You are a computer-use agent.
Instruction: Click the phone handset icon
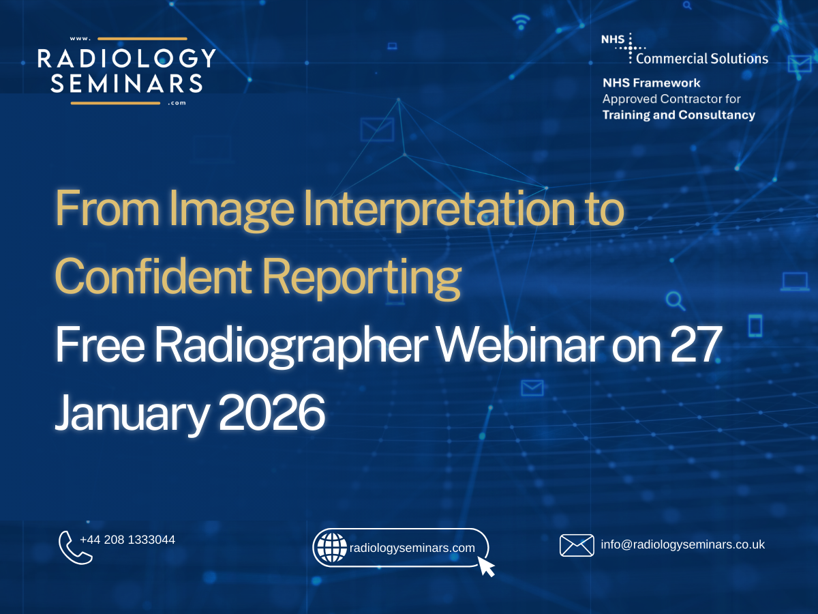pos(74,548)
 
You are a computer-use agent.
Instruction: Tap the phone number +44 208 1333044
pos(127,540)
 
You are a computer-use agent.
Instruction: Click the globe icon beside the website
pos(331,547)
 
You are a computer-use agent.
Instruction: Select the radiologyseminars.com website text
pos(412,548)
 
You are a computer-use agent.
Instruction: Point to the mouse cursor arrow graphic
pos(486,567)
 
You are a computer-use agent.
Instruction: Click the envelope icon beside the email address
pos(577,545)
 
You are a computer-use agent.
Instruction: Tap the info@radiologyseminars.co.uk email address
pos(683,544)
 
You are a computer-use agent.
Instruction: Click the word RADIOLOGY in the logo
pos(127,58)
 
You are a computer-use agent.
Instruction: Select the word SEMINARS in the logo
pos(127,83)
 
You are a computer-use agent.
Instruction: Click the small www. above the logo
pos(80,39)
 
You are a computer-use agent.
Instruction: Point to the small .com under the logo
pos(177,103)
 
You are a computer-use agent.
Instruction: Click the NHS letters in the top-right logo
pos(613,39)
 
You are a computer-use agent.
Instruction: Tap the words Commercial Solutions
pos(702,59)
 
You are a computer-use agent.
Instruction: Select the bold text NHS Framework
pos(652,83)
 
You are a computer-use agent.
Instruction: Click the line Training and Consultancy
pos(679,115)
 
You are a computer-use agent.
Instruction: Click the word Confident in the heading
pos(153,276)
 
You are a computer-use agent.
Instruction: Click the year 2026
pos(272,413)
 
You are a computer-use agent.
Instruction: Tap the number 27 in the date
pos(695,344)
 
